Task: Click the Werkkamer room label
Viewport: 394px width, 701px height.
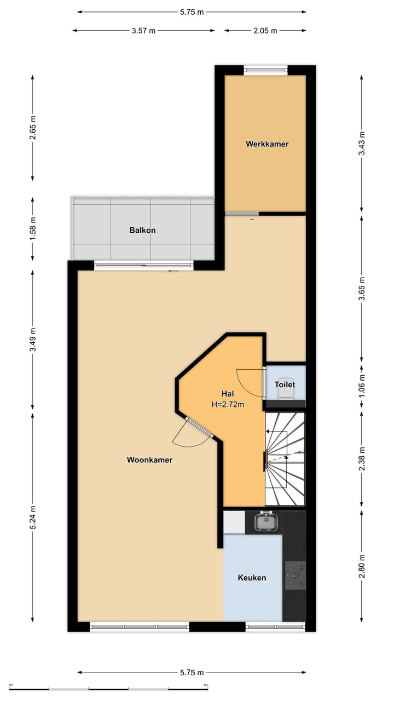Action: [267, 144]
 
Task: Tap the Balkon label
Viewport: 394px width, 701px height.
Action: [142, 230]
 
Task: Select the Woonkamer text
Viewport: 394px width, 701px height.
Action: [149, 460]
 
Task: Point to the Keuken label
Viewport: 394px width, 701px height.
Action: [252, 578]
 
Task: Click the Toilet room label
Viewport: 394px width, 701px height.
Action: [285, 384]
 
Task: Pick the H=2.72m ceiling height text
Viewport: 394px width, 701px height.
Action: [228, 405]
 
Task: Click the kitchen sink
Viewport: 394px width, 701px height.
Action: [266, 521]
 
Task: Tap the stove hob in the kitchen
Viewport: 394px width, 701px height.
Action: [295, 576]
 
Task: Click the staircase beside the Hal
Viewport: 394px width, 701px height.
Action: [285, 459]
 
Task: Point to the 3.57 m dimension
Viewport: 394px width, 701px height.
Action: [143, 31]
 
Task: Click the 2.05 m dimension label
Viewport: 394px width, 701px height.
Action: [265, 31]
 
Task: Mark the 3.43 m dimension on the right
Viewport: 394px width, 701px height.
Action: [362, 143]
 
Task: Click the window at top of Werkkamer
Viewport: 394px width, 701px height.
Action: [265, 70]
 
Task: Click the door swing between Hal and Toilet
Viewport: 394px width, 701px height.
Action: [251, 382]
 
